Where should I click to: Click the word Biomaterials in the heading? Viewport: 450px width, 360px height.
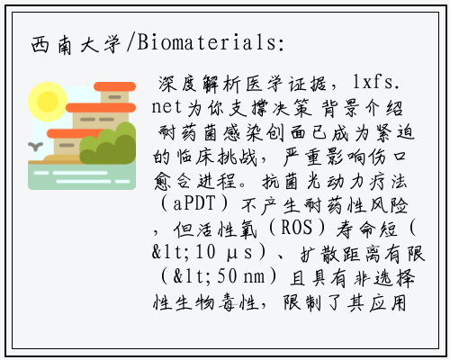(x=206, y=42)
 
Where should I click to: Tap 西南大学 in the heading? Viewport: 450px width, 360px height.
(x=76, y=45)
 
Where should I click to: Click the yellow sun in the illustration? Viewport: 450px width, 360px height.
(x=47, y=102)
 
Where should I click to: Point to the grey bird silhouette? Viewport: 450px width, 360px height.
(x=35, y=147)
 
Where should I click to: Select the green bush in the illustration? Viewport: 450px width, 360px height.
(x=108, y=144)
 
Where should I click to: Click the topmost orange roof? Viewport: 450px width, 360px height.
(x=115, y=86)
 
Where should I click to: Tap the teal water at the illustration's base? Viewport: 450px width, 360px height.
(x=82, y=177)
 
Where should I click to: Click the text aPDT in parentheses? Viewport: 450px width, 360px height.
(x=194, y=203)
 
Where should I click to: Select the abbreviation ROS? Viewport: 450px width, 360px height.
(x=296, y=228)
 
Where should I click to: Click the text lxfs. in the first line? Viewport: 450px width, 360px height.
(x=376, y=82)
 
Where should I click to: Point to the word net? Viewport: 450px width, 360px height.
(x=166, y=107)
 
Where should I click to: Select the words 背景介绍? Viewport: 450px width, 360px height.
(x=362, y=108)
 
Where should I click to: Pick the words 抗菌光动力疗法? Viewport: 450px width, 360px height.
(x=335, y=181)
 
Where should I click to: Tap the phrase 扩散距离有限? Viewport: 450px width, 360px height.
(x=363, y=254)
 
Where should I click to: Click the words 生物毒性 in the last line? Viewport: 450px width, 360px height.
(x=216, y=302)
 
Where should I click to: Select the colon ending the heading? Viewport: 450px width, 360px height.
(x=281, y=44)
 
